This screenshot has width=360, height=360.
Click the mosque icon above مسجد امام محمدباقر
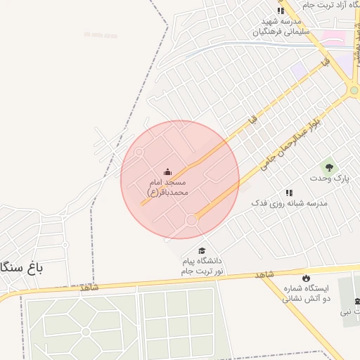point(167,172)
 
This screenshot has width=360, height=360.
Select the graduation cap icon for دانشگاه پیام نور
point(202,251)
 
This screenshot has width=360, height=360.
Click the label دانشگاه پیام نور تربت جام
point(202,266)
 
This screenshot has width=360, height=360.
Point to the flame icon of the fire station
point(305,278)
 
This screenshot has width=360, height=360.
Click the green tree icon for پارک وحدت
point(328,167)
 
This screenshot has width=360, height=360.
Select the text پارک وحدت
point(329,179)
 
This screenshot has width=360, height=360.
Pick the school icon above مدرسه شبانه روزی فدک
point(289,192)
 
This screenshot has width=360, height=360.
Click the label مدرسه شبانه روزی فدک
point(290,202)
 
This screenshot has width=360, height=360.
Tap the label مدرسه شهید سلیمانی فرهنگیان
point(280,27)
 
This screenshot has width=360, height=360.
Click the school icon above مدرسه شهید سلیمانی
point(281,11)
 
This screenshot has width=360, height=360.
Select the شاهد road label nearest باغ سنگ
point(89,288)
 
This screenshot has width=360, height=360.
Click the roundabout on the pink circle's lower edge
point(191,221)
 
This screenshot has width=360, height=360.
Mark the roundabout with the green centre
point(353,90)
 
